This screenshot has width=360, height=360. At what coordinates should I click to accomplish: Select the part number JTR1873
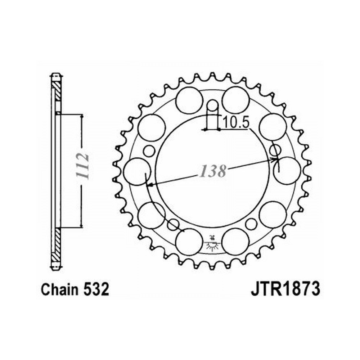pyautogui.click(x=285, y=289)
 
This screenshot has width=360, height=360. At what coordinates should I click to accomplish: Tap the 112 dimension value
pyautogui.click(x=82, y=166)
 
